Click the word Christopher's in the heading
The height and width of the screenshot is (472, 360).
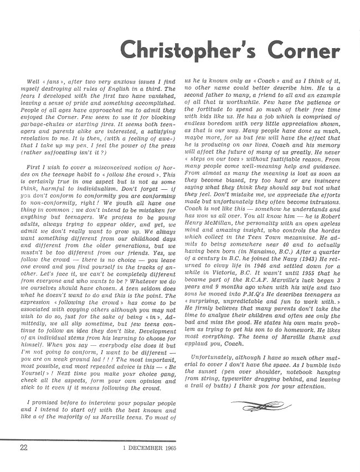click(x=186, y=50)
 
